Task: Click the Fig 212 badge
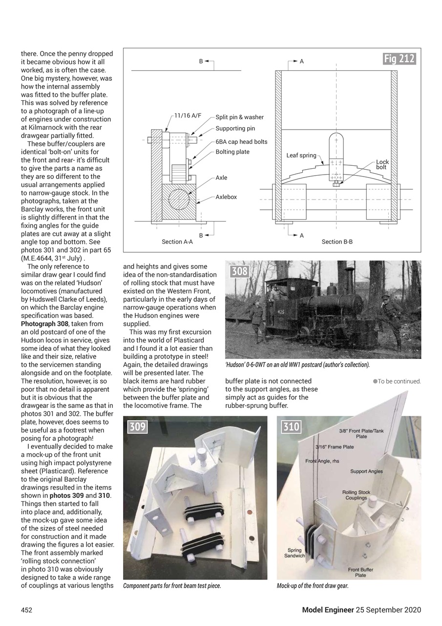pos(399,59)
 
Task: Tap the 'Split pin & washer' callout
pos(239,117)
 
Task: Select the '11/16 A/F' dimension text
pos(188,115)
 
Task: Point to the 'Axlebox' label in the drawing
pos(226,197)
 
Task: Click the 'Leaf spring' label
pos(301,156)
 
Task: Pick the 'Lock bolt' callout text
pos(382,165)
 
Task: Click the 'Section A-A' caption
pos(177,242)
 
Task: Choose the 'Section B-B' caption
pos(337,242)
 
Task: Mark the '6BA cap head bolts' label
pos(241,142)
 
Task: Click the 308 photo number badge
pos(240,271)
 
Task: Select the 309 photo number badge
pos(138,427)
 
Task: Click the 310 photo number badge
pos(292,427)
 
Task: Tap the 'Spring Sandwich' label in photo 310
pos(295,553)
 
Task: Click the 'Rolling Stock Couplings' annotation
pos(356,495)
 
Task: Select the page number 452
pos(26,610)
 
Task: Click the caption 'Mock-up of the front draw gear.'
pos(313,586)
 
